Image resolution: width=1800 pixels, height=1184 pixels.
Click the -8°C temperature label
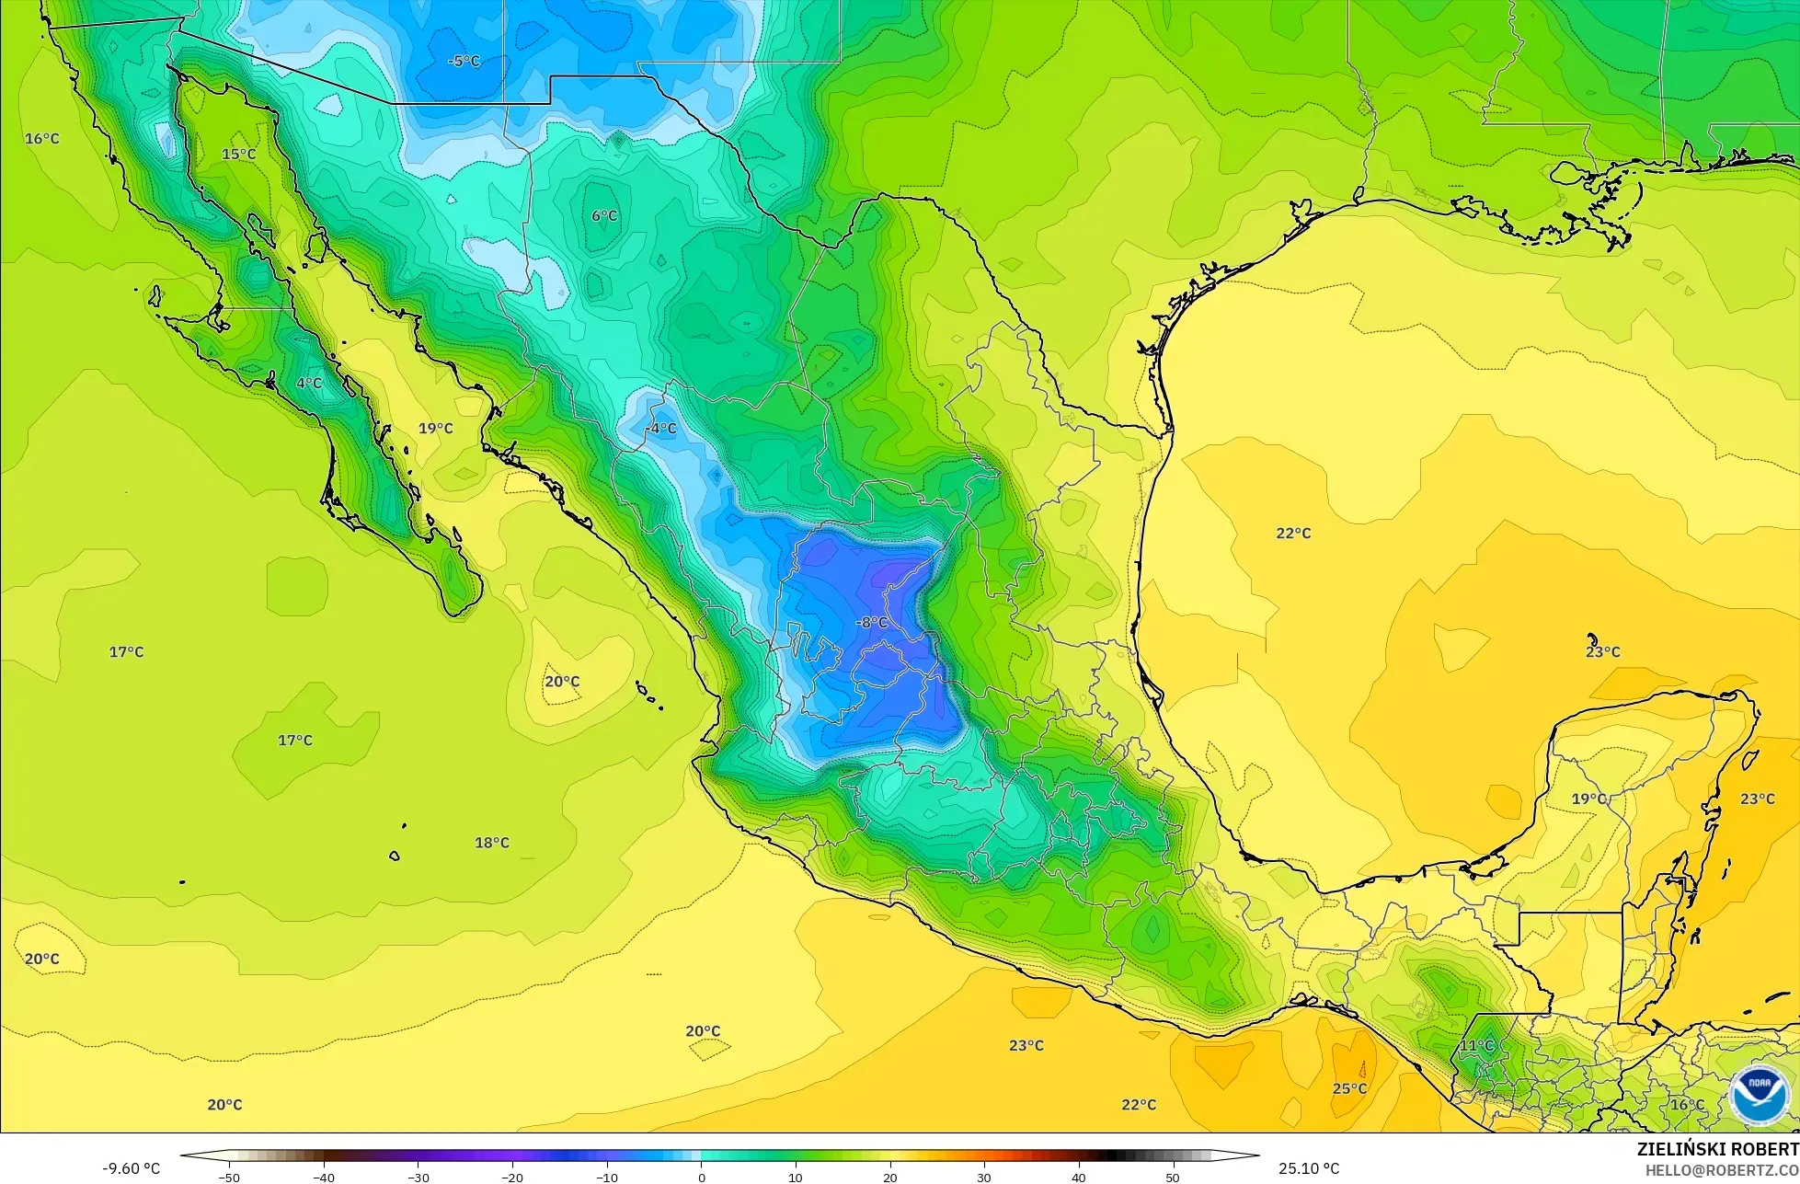point(871,623)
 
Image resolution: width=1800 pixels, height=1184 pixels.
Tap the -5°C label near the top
point(464,62)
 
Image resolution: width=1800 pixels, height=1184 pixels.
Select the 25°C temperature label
point(1349,1088)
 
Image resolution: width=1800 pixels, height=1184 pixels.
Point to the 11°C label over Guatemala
point(1476,1045)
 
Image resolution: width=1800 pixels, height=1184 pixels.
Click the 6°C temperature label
point(604,216)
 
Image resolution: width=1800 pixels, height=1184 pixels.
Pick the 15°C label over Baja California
point(238,154)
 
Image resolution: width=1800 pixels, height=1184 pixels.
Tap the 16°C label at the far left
point(41,139)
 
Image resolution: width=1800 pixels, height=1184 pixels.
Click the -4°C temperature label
point(661,429)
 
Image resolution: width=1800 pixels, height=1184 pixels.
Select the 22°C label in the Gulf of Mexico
point(1293,534)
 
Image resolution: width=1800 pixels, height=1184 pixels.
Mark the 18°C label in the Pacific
point(491,843)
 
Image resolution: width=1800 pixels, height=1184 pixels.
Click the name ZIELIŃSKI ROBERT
point(1717,1150)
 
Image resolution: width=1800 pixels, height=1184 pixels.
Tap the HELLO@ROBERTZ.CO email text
point(1722,1170)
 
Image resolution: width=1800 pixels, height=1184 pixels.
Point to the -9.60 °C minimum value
point(131,1168)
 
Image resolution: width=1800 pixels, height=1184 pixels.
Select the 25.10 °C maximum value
point(1309,1168)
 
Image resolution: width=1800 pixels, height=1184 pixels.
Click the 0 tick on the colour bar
point(701,1177)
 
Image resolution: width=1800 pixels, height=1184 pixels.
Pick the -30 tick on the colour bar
point(418,1177)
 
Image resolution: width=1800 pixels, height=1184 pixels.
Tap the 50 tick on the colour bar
point(1173,1177)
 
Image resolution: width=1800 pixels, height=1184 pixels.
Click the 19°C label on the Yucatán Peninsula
point(1588,799)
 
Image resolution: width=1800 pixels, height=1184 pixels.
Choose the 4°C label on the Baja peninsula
point(309,384)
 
